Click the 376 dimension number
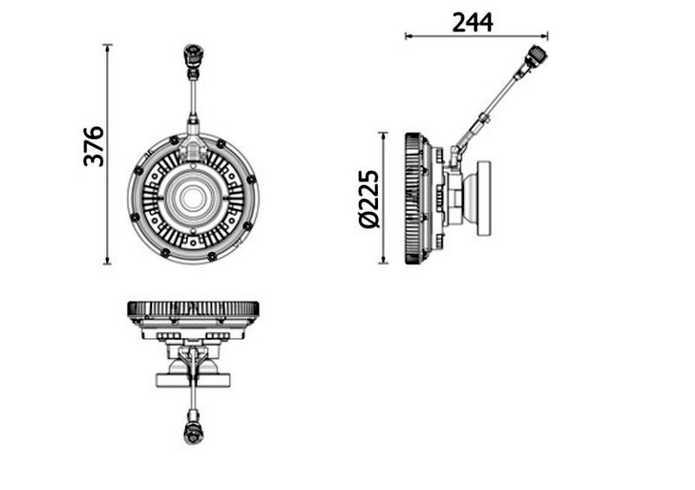point(94,146)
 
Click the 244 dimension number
point(473,23)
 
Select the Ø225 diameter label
point(368,199)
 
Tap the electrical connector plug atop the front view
point(193,56)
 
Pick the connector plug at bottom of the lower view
point(193,433)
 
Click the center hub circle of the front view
point(192,197)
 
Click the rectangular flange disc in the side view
point(484,198)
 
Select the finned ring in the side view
point(412,198)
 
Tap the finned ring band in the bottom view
point(193,308)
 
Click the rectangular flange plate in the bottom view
point(193,380)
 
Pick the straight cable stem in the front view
point(193,96)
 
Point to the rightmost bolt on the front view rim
point(251,180)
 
